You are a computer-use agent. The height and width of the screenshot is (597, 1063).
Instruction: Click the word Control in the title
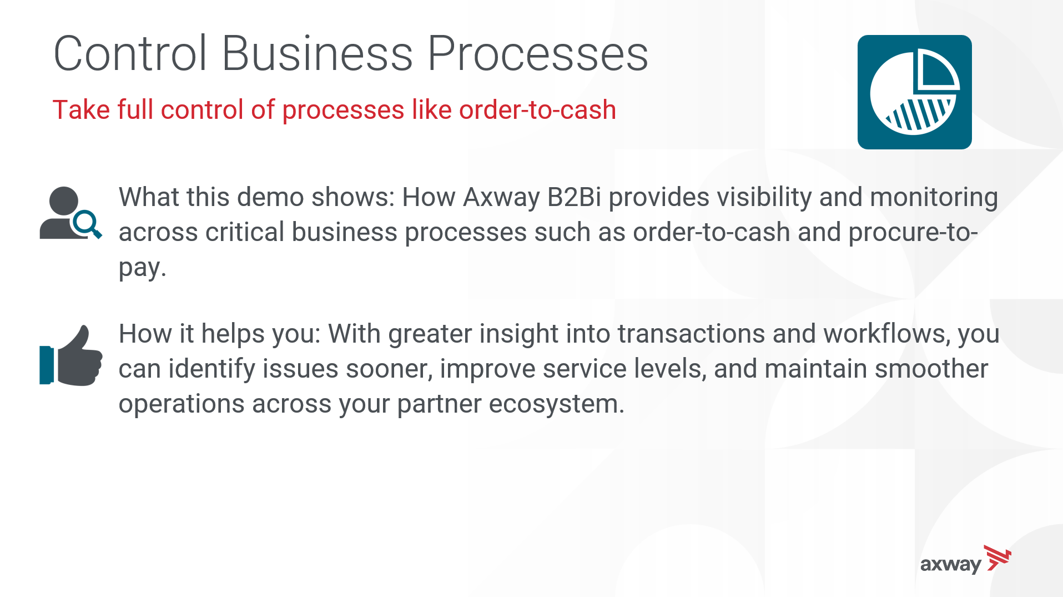click(x=130, y=53)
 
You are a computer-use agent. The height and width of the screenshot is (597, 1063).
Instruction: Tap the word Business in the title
click(x=318, y=53)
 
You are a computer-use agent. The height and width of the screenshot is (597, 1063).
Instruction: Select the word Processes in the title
click(x=538, y=53)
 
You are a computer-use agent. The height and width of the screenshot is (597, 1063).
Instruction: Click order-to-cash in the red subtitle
click(x=537, y=109)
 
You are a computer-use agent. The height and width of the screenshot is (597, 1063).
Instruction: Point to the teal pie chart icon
click(x=914, y=92)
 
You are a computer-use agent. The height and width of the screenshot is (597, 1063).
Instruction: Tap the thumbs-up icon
click(x=71, y=355)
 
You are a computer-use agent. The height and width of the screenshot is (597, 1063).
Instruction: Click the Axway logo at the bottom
click(x=965, y=560)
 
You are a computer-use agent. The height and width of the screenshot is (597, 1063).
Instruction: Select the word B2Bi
click(x=574, y=197)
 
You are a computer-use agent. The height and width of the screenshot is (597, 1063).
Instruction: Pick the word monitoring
click(x=934, y=198)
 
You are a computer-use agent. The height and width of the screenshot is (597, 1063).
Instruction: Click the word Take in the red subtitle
click(x=81, y=109)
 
